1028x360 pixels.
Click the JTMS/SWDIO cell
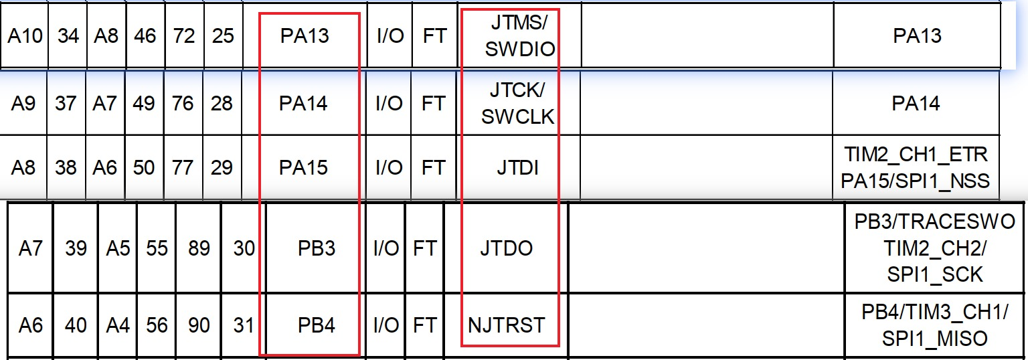(519, 35)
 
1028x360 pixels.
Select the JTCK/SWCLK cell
(518, 103)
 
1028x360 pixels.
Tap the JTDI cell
(517, 167)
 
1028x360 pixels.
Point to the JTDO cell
(507, 248)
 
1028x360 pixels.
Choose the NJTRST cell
(507, 325)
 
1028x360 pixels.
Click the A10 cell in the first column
(25, 35)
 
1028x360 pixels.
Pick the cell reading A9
(23, 103)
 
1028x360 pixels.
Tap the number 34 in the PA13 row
(68, 35)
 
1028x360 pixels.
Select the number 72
(183, 35)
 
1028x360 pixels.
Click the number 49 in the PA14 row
(144, 103)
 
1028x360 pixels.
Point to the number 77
(183, 167)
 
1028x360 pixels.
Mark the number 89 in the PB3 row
(199, 248)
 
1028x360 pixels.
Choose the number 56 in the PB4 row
(157, 325)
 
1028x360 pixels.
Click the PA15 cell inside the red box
(303, 167)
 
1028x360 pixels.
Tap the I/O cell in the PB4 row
(386, 325)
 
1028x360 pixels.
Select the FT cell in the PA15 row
(433, 167)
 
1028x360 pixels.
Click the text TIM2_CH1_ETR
(916, 155)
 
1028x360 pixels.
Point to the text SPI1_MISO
(934, 339)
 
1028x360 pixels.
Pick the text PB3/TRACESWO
(934, 221)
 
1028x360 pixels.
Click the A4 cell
(118, 325)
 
